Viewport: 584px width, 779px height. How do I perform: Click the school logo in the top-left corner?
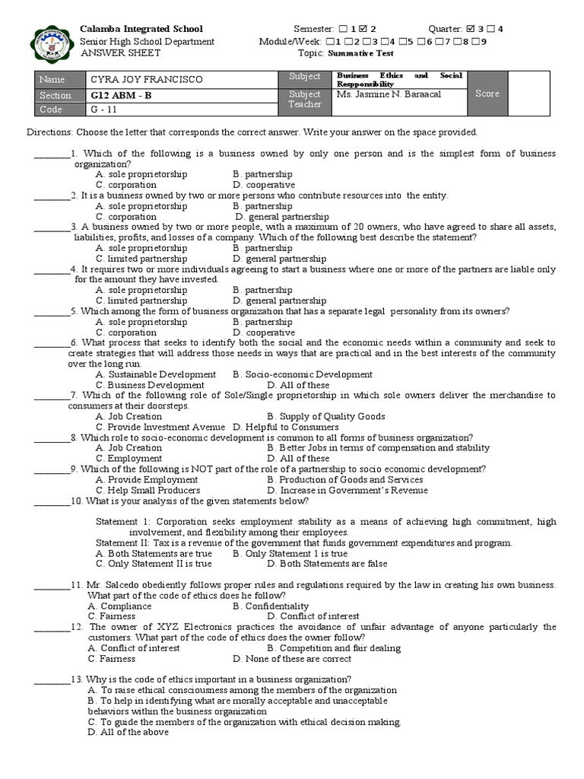[x=52, y=42]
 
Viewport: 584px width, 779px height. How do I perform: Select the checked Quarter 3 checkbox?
[x=471, y=29]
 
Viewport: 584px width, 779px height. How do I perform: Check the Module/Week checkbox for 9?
[x=474, y=41]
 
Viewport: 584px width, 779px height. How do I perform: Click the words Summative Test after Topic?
[x=370, y=53]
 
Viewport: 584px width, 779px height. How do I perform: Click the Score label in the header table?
[x=487, y=94]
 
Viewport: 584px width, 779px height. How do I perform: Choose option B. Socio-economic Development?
[x=303, y=374]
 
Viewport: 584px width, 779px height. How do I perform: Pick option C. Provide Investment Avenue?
[x=160, y=427]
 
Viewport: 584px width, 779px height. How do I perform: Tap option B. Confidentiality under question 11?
[x=271, y=606]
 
